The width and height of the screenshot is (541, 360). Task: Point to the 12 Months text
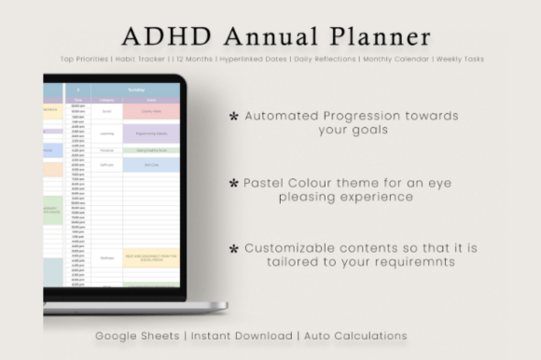pyautogui.click(x=195, y=60)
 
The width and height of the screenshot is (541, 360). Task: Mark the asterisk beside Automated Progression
pyautogui.click(x=233, y=117)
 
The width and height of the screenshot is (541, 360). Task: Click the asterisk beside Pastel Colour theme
pyautogui.click(x=233, y=184)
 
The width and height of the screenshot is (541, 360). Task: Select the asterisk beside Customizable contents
pyautogui.click(x=233, y=249)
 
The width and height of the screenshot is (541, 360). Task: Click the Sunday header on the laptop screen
pyautogui.click(x=150, y=91)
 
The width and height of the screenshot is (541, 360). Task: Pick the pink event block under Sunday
pyautogui.click(x=151, y=110)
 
